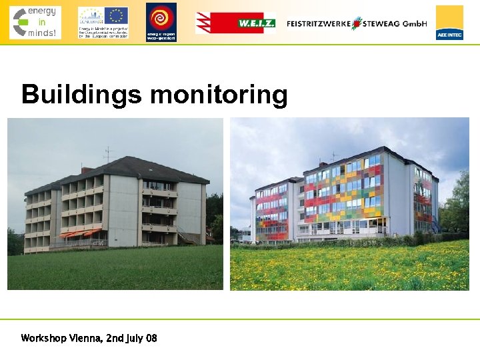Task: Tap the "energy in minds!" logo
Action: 35,22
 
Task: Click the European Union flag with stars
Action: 116,15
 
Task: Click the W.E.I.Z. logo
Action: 235,23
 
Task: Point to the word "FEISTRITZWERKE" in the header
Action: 318,23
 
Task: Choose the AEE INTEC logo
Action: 449,23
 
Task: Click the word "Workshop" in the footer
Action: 43,338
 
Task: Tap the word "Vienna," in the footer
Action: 85,338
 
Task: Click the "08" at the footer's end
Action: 151,338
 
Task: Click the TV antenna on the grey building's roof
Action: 109,154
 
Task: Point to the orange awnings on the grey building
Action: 80,233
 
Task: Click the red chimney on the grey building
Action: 85,170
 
